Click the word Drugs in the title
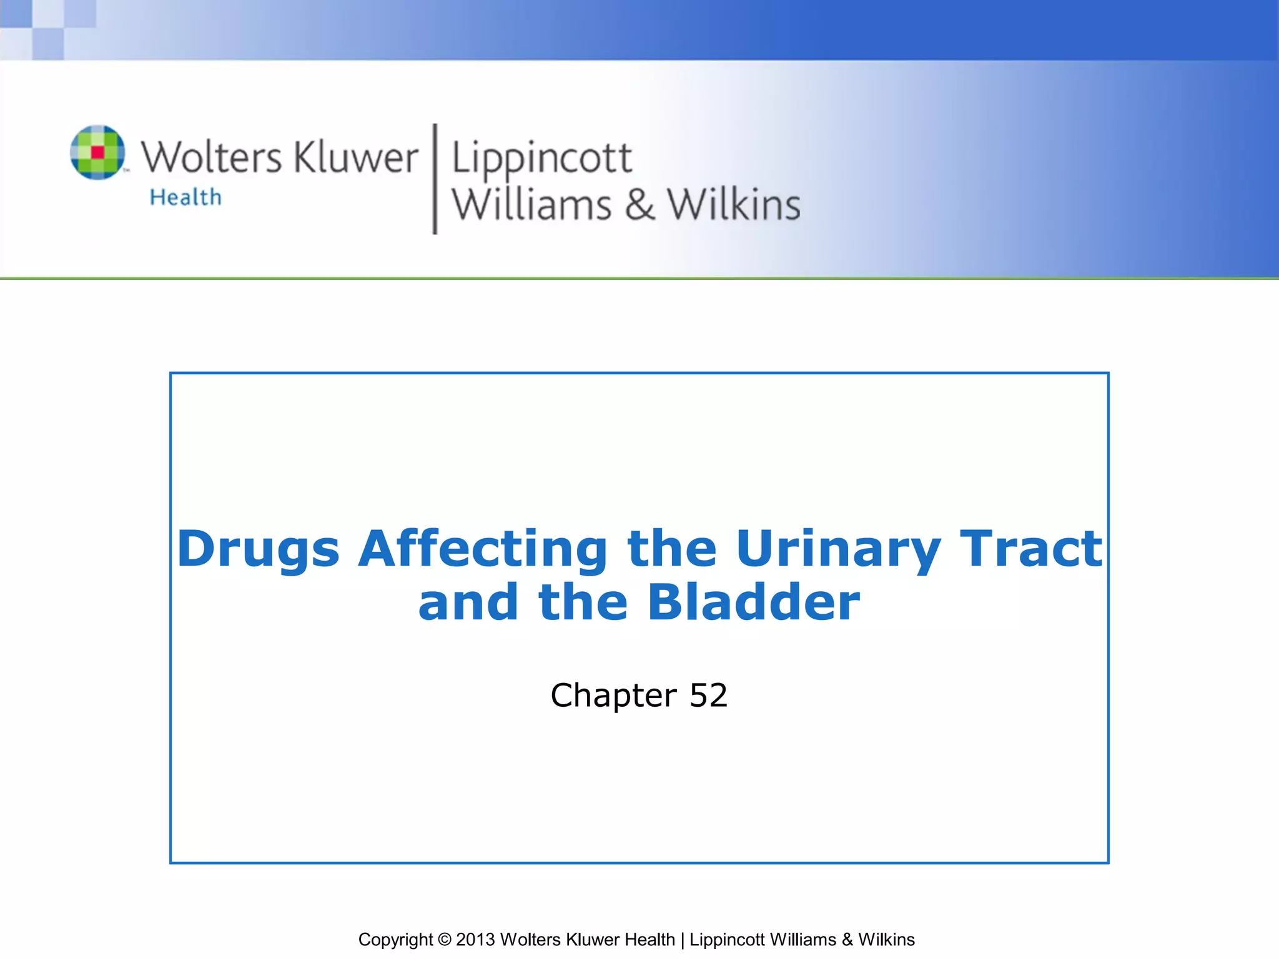click(x=258, y=549)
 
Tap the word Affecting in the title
click(x=482, y=549)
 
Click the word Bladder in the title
click(x=754, y=602)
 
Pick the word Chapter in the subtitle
click(x=613, y=696)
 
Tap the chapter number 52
click(x=708, y=696)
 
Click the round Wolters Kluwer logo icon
click(x=97, y=152)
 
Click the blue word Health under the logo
click(x=185, y=197)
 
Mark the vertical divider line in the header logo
click(x=435, y=179)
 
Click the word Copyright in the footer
click(x=395, y=940)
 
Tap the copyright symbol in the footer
click(x=444, y=940)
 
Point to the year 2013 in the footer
click(x=475, y=940)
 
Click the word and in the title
click(x=468, y=602)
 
